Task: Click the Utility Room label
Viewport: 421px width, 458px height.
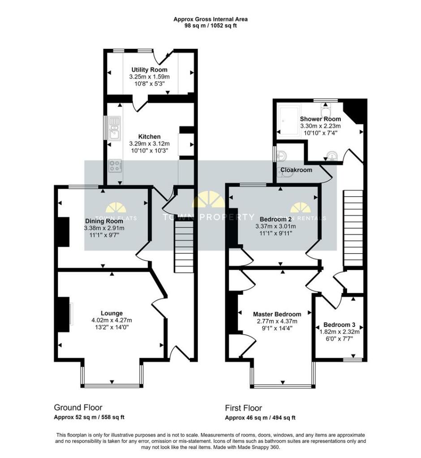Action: (x=149, y=70)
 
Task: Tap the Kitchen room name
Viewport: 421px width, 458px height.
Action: (x=149, y=136)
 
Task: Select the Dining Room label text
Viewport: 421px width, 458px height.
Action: (x=104, y=221)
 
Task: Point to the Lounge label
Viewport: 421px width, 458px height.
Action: (x=112, y=313)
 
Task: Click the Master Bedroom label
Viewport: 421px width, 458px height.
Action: (x=277, y=314)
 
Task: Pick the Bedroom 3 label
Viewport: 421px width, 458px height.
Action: (x=339, y=325)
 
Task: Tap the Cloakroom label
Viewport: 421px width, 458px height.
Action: (x=296, y=170)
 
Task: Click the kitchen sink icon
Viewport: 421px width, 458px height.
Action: (x=114, y=128)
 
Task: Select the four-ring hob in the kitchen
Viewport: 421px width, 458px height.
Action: (x=115, y=166)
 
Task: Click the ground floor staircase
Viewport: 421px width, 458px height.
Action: (x=184, y=246)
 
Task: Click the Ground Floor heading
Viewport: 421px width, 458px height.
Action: (x=78, y=407)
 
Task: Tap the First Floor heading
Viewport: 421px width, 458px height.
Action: (x=243, y=408)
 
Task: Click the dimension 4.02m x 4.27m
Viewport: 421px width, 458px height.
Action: (x=112, y=320)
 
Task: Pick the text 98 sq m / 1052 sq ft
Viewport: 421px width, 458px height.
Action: (x=210, y=25)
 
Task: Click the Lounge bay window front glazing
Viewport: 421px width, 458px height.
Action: (x=112, y=386)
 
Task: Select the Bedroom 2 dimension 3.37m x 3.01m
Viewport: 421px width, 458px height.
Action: (x=275, y=226)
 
